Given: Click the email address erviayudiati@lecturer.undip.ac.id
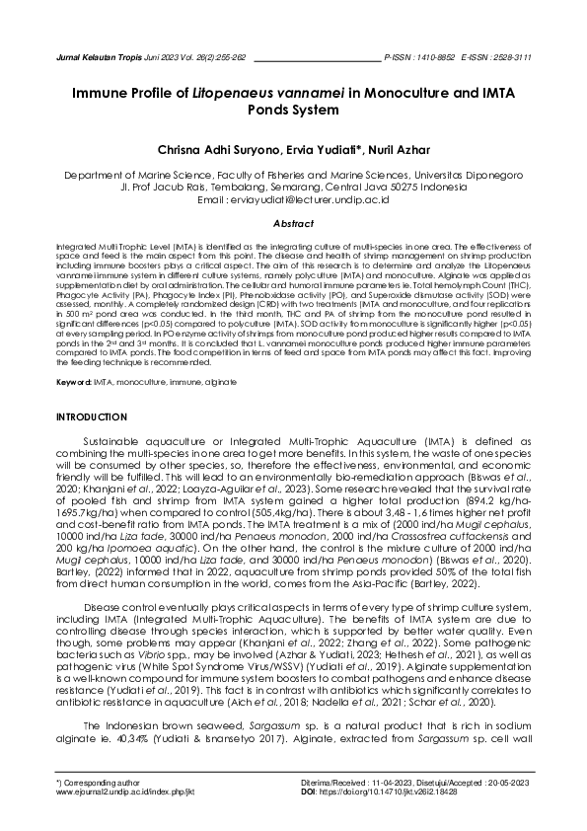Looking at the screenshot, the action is (313, 199).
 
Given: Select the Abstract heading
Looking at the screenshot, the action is (293, 224).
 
